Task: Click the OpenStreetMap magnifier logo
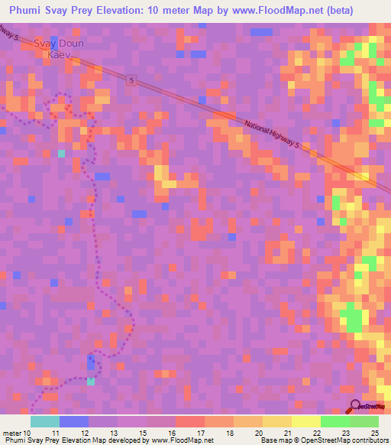coord(355,406)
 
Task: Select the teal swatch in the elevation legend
coord(44,421)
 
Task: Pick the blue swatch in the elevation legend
coord(73,421)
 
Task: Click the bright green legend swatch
coord(334,421)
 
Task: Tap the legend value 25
coord(373,432)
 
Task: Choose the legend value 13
coord(112,432)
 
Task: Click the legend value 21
coord(286,432)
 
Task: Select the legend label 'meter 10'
coord(17,432)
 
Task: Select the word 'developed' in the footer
coord(128,440)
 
